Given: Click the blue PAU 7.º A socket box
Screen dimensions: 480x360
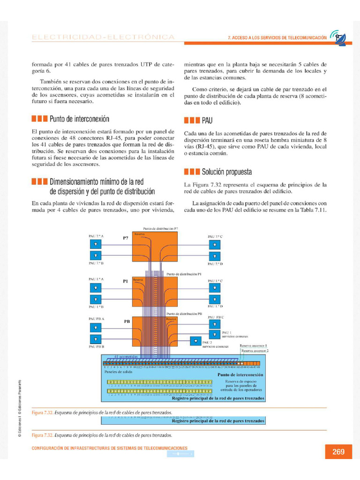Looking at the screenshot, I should tap(96, 244).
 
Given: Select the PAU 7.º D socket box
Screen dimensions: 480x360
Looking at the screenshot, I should tap(215, 256).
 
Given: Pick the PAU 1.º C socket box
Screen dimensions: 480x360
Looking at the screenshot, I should tap(215, 287).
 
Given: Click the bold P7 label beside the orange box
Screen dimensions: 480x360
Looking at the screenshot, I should tap(125, 238).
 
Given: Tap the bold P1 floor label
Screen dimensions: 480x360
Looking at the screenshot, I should tap(125, 281).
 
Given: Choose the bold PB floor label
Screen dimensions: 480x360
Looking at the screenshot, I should tap(127, 322).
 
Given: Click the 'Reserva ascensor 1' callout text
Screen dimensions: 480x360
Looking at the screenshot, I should tap(253, 346).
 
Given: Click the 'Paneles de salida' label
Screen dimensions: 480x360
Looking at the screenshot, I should tap(116, 371).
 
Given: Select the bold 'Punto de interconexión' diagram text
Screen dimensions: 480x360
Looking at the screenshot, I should tap(240, 375).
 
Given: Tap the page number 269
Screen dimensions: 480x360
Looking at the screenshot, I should tap(338, 452).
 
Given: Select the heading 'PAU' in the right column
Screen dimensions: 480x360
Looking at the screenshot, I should tap(207, 120).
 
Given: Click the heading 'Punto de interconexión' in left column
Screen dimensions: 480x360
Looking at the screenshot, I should tap(79, 119).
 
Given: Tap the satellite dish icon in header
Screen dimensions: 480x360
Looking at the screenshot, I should tap(338, 37).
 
